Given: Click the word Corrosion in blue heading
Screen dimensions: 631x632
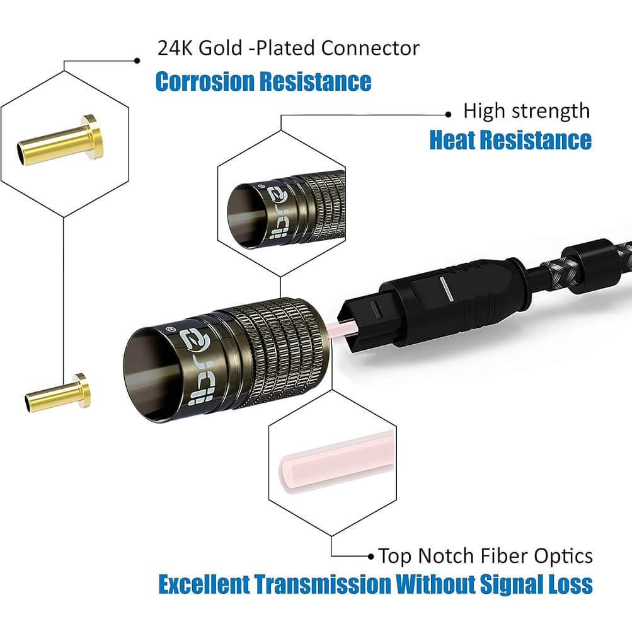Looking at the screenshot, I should (204, 82).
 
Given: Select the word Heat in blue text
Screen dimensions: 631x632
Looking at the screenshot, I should (451, 140).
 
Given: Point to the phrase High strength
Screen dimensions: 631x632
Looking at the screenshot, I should (527, 112).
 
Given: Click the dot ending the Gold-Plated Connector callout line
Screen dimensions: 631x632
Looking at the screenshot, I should (137, 61).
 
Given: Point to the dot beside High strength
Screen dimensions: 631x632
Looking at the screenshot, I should (448, 114).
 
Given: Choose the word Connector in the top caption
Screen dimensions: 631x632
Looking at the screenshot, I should (373, 48).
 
